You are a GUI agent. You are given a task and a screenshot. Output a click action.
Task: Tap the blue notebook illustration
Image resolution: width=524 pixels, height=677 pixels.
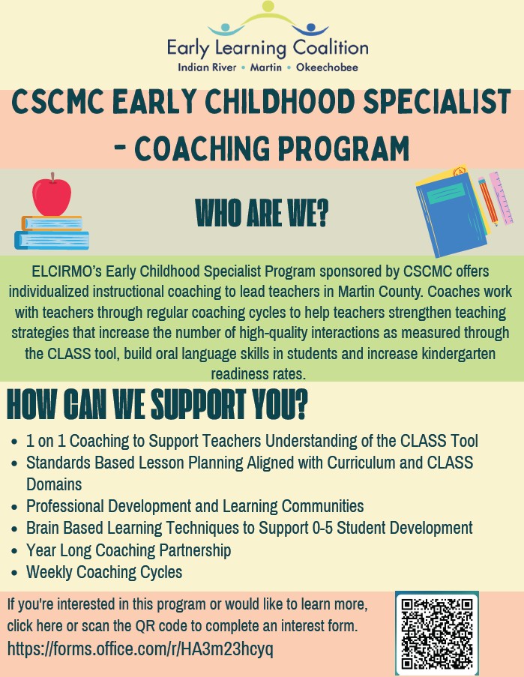point(451,215)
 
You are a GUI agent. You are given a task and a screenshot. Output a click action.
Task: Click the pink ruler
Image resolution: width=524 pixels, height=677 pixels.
point(501,198)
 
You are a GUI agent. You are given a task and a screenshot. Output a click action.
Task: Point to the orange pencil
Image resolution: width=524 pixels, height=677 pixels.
point(488,201)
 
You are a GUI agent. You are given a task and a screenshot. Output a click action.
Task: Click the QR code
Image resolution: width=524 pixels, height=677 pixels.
point(437,633)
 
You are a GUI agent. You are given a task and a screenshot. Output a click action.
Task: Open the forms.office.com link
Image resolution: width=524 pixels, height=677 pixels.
point(140,649)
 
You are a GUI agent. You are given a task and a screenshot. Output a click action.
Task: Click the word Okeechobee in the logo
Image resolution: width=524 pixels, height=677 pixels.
point(327,67)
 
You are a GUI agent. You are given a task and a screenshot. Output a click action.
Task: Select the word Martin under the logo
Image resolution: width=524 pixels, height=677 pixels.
point(266,67)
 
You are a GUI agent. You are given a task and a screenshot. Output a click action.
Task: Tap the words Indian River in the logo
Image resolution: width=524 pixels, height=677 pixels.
point(207,67)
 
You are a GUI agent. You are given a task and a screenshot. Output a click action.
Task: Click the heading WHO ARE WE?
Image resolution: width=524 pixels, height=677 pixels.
point(262,213)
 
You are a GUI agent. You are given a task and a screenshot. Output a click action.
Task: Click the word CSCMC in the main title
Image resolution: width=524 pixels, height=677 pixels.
point(58,102)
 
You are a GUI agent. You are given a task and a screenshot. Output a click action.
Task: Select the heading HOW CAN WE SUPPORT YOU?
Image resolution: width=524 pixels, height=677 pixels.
point(157,404)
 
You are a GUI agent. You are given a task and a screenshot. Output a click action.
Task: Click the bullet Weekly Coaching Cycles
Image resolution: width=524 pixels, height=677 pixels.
point(104,572)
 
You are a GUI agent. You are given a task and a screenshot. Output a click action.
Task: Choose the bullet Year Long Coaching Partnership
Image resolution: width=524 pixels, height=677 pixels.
point(129,550)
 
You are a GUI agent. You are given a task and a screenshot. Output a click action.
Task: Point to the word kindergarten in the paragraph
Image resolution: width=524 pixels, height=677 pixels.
point(458,354)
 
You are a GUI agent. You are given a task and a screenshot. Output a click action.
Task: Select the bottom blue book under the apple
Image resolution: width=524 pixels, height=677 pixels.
point(52,241)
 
